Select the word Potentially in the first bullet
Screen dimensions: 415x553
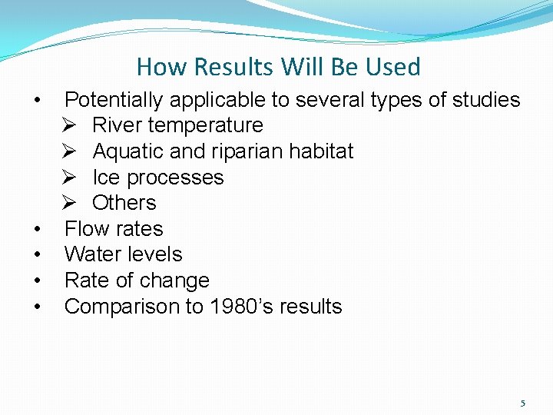pyautogui.click(x=114, y=100)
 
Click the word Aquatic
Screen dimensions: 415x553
pyautogui.click(x=127, y=151)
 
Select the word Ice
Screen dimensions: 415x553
pyautogui.click(x=105, y=178)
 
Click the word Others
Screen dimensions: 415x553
pyautogui.click(x=124, y=203)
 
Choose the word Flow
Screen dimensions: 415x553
pyautogui.click(x=86, y=229)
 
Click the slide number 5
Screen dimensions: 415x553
pyautogui.click(x=523, y=403)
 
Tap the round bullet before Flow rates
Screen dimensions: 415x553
pyautogui.click(x=37, y=229)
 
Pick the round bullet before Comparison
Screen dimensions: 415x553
pyautogui.click(x=37, y=307)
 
